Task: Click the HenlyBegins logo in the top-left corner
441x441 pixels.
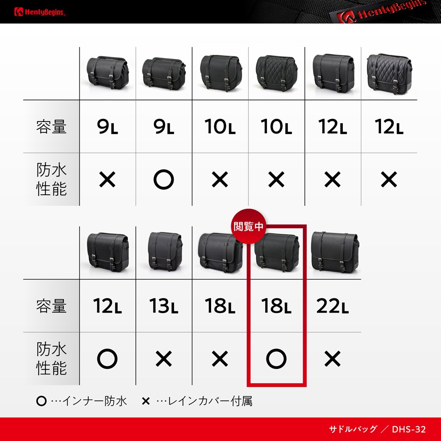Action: point(40,12)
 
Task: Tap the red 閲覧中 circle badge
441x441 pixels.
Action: point(248,226)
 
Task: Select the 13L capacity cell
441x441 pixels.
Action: point(164,306)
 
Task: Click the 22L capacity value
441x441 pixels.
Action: point(332,306)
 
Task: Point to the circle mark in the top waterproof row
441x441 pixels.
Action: point(164,179)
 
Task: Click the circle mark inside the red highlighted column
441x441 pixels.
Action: point(276,359)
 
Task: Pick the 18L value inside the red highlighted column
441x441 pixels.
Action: point(276,306)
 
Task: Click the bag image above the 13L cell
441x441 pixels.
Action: point(165,252)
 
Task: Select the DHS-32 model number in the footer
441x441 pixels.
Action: point(409,429)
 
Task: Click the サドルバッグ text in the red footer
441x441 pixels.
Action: point(353,429)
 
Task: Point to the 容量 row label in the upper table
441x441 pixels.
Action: point(51,126)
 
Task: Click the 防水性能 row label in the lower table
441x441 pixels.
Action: point(51,358)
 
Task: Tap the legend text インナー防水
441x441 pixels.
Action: point(95,401)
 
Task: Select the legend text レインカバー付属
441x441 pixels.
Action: point(210,401)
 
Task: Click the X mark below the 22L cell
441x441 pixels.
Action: point(332,359)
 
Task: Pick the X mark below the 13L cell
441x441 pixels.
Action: point(164,359)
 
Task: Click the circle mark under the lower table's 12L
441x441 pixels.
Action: point(107,359)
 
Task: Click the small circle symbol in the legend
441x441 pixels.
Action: point(41,401)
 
